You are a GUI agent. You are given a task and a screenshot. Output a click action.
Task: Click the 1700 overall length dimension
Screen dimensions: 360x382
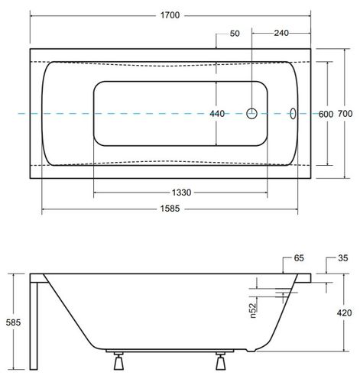(170, 15)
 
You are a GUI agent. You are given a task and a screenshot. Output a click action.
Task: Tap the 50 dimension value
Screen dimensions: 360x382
(235, 34)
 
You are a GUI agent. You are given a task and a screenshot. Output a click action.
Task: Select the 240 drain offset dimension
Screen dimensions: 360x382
(281, 33)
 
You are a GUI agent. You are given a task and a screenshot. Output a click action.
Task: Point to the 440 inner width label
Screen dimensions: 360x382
(217, 114)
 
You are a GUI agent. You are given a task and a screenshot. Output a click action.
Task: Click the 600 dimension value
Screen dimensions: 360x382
(326, 114)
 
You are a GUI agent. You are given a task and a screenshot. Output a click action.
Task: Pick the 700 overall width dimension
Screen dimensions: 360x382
(345, 114)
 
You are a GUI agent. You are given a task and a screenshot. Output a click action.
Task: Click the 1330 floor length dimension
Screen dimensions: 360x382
(181, 193)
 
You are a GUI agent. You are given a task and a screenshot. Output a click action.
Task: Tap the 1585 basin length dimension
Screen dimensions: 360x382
(170, 209)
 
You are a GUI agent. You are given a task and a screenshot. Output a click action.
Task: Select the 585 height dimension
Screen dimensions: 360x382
(13, 322)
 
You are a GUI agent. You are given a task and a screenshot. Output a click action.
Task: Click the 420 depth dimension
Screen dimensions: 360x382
(344, 312)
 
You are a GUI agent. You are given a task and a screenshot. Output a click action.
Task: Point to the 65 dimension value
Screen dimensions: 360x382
(299, 258)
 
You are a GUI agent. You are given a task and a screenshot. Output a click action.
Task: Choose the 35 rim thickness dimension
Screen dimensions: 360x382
(343, 258)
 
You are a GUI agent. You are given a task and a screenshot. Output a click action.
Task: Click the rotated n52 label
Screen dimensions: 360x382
(252, 310)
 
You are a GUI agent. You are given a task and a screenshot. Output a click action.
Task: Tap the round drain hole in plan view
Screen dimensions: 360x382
(252, 114)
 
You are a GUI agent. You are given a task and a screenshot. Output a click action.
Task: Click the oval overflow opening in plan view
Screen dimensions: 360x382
(294, 114)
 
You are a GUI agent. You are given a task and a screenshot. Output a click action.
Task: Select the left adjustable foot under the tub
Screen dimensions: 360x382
(118, 361)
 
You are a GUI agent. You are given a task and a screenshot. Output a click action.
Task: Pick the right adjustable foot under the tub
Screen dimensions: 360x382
(221, 361)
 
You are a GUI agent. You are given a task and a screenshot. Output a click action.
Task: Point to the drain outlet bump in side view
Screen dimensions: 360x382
(251, 351)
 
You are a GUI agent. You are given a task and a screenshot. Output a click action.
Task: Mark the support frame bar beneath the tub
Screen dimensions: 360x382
(170, 351)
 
